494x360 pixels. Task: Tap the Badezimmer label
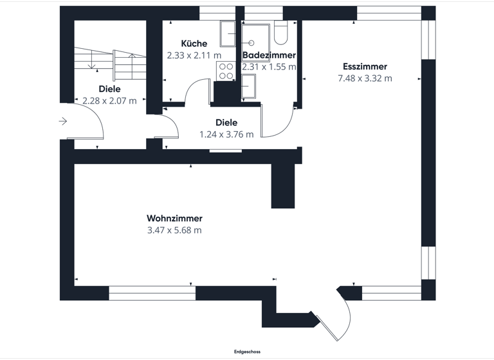click(x=269, y=55)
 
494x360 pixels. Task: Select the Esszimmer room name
click(x=365, y=66)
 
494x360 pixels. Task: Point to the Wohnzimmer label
click(x=174, y=218)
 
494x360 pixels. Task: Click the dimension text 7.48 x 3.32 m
click(x=365, y=78)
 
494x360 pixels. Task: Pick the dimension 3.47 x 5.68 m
click(x=174, y=230)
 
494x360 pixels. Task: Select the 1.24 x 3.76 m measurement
click(x=226, y=134)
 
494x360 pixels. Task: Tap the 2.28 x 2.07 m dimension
click(x=109, y=100)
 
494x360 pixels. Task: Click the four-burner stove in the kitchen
click(x=226, y=71)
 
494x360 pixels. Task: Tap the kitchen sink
click(x=228, y=33)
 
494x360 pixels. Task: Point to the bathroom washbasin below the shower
click(x=249, y=86)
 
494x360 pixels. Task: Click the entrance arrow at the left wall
click(x=63, y=121)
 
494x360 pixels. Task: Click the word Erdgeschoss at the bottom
click(x=247, y=352)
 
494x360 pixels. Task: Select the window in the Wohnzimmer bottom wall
click(x=152, y=294)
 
